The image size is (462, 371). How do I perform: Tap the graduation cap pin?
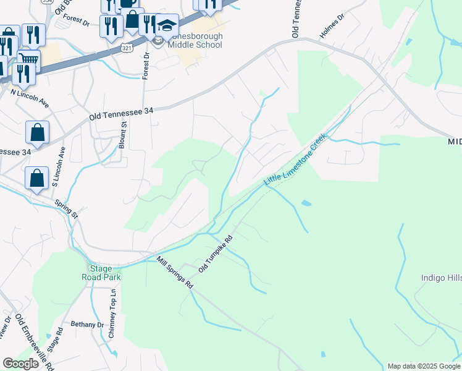coord(167,26)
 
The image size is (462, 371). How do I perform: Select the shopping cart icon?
coord(27,61)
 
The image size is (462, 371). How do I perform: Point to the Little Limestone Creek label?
coord(294,160)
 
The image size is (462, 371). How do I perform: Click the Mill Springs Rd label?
coord(175,273)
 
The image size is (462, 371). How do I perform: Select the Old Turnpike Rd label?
coord(216,255)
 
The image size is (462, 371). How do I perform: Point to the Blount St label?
coord(123,135)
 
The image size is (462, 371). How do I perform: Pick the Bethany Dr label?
coord(87,324)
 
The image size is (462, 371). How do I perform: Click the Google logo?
coord(20,364)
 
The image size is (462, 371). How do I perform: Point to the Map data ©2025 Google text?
coord(424,366)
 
